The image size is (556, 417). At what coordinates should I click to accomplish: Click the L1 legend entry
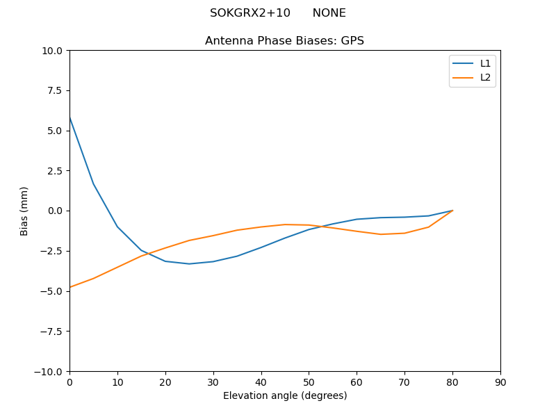(485, 63)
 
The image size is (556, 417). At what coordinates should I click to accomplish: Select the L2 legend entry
(485, 77)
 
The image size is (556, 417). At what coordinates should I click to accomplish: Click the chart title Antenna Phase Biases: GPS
(284, 41)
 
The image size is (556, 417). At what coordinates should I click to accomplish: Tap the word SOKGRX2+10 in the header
(250, 13)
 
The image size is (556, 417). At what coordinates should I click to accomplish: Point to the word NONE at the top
(329, 13)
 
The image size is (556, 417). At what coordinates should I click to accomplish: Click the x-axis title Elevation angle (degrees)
(285, 395)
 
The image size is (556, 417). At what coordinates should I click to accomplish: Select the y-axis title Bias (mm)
(24, 211)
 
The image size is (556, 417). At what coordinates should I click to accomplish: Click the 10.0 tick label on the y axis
(51, 51)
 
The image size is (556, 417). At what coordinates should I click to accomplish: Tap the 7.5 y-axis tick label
(54, 90)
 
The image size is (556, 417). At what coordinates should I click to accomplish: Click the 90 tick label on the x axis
(500, 382)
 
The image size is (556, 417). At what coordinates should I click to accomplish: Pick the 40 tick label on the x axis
(261, 382)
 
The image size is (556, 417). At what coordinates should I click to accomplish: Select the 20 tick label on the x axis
(165, 382)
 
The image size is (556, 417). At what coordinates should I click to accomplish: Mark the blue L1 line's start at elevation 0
(70, 117)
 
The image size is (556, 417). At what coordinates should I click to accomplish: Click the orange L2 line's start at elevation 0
(70, 287)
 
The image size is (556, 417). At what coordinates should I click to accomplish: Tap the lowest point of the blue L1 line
(189, 264)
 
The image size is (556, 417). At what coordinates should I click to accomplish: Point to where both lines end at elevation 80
(452, 211)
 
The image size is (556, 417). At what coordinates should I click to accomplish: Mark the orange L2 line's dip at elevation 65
(381, 234)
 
